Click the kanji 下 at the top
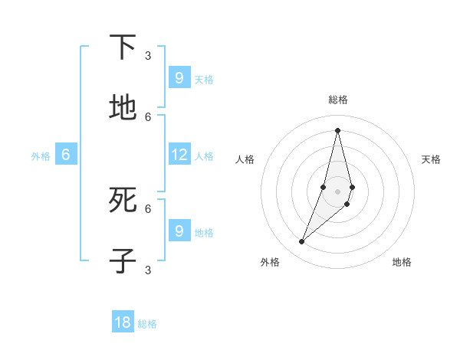point(123,47)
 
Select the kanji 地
point(123,108)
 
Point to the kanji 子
point(123,260)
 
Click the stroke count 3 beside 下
point(148,55)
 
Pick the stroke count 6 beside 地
point(148,116)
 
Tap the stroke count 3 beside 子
point(148,270)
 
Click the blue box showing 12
point(179,155)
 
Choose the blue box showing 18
point(123,322)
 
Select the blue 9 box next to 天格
point(179,78)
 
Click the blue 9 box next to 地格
point(179,231)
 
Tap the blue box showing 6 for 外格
point(66,155)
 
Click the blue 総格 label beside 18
point(147,324)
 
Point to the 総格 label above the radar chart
point(337,100)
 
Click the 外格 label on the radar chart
point(270,262)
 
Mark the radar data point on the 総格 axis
point(337,129)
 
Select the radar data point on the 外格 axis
point(301,242)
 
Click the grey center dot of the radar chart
point(337,191)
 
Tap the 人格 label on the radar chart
point(245,159)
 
